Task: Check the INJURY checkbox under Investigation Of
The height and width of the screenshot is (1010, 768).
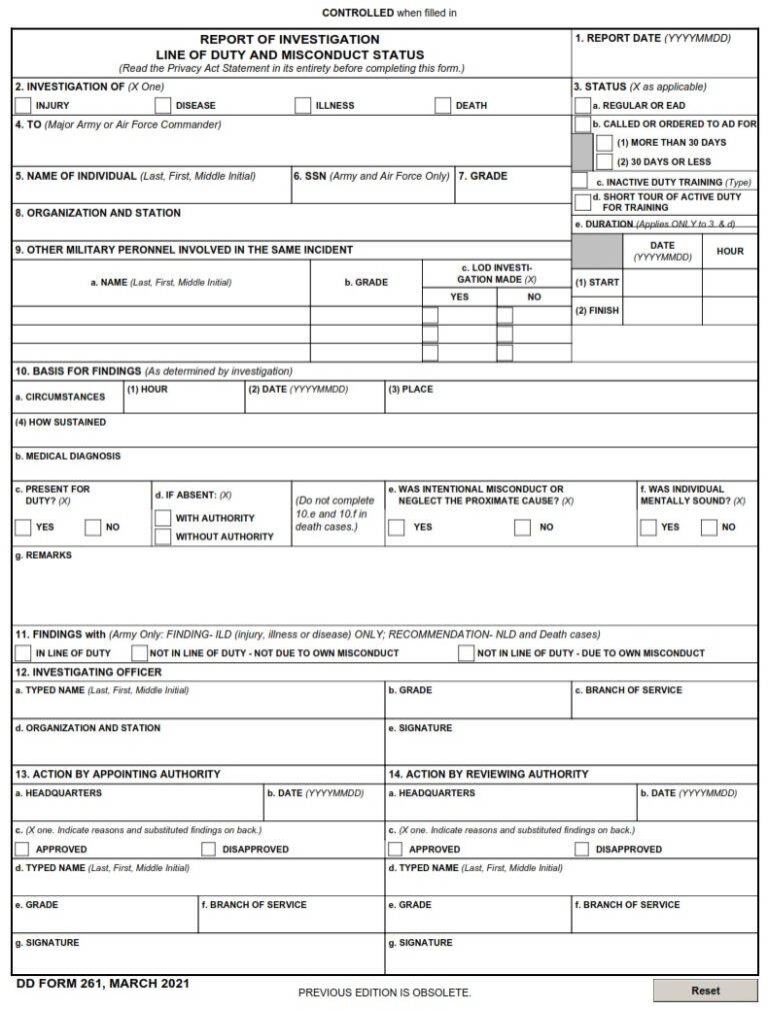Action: point(23,105)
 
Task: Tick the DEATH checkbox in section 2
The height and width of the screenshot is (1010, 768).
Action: point(443,105)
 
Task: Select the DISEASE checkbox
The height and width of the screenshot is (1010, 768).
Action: point(163,105)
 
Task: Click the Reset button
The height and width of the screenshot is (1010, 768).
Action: point(705,990)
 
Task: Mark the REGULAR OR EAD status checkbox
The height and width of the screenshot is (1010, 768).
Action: point(582,105)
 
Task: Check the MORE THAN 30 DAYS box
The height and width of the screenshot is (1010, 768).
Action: point(604,143)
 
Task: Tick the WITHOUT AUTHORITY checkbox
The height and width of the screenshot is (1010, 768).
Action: point(163,536)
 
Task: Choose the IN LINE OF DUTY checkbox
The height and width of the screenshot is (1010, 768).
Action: point(23,653)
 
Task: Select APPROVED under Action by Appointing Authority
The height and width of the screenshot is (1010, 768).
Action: point(23,849)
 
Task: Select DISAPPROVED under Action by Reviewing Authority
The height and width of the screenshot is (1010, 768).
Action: point(582,849)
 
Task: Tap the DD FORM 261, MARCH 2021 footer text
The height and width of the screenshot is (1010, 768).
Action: point(103,984)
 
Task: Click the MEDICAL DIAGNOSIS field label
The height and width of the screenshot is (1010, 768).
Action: point(68,456)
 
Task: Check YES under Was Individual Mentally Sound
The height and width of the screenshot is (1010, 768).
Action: point(649,526)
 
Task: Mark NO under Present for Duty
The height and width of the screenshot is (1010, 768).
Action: point(93,526)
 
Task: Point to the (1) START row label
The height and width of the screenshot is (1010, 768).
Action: point(597,283)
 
